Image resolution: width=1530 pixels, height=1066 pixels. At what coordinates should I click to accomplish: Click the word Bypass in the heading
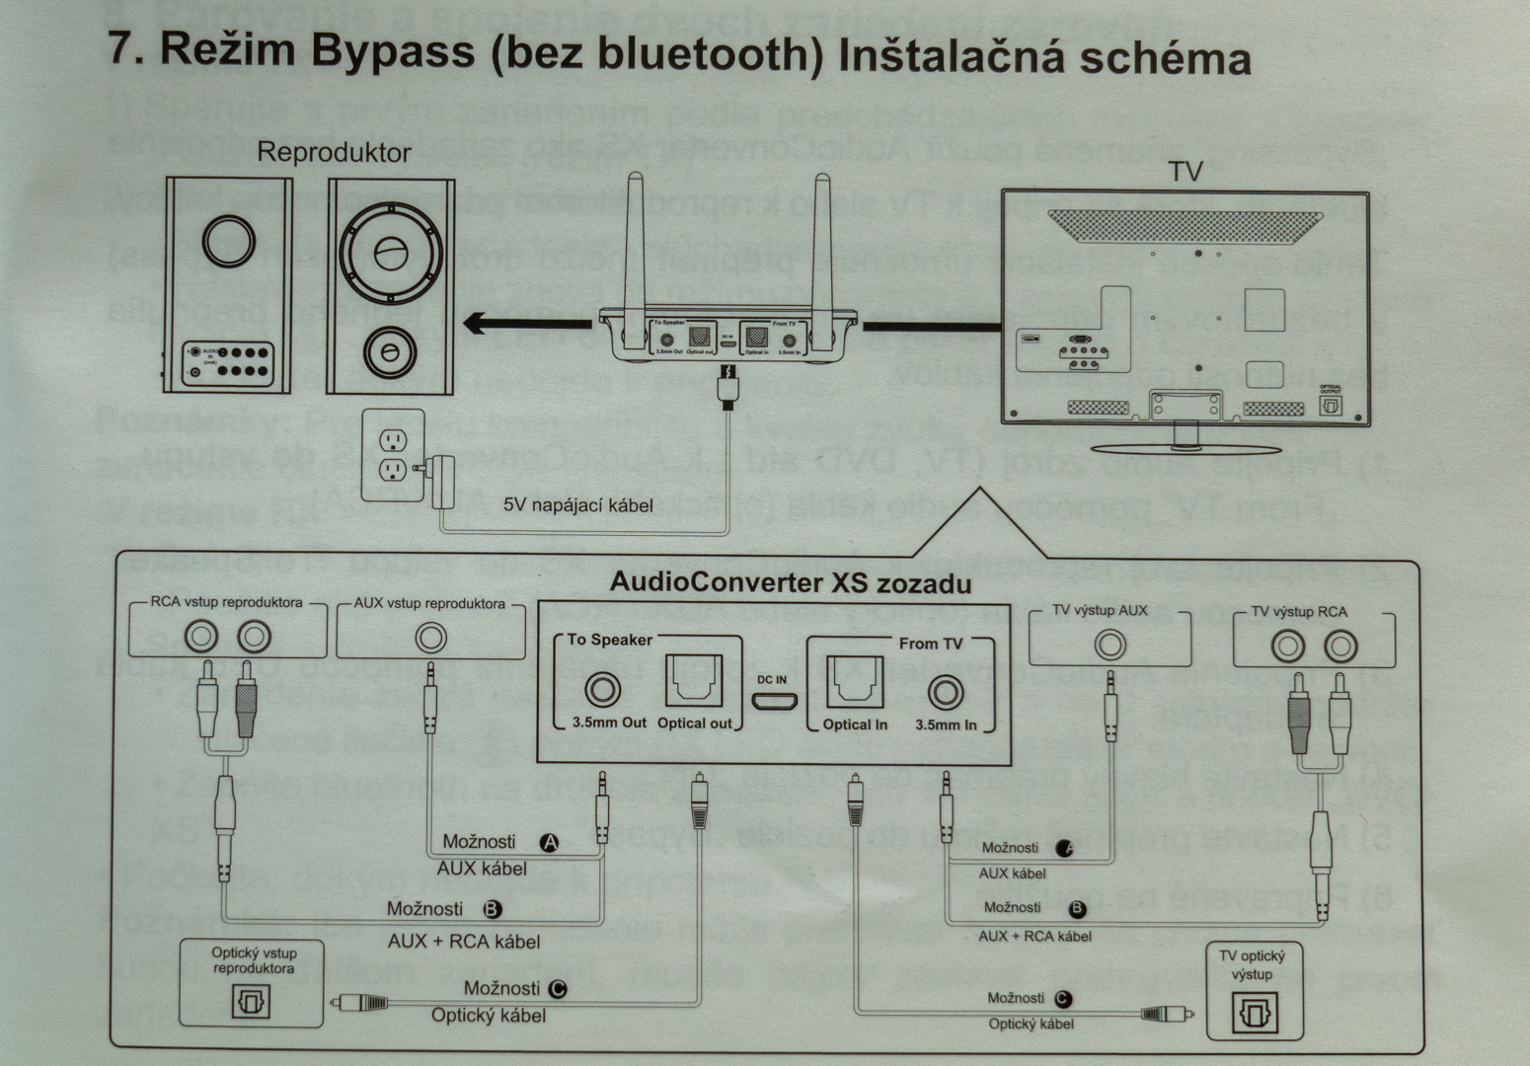[x=391, y=51]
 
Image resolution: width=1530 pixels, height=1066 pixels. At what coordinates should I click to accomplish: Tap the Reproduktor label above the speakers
[x=334, y=152]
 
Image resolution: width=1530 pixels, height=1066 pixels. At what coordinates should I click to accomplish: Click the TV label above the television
[x=1185, y=172]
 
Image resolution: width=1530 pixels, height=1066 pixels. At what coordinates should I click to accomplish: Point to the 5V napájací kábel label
[x=578, y=505]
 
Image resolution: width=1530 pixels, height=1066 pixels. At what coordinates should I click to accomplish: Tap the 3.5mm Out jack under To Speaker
[x=603, y=688]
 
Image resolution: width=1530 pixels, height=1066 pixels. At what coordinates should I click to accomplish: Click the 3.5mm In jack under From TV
[x=946, y=691]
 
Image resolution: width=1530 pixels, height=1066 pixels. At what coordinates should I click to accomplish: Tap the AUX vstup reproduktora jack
[x=430, y=639]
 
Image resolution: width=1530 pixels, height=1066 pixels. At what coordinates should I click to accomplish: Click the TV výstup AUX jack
[x=1109, y=645]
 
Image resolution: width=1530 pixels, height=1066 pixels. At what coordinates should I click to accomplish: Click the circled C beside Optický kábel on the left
[x=558, y=988]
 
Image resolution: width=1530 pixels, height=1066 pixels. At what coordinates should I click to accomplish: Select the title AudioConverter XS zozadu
[x=790, y=581]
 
